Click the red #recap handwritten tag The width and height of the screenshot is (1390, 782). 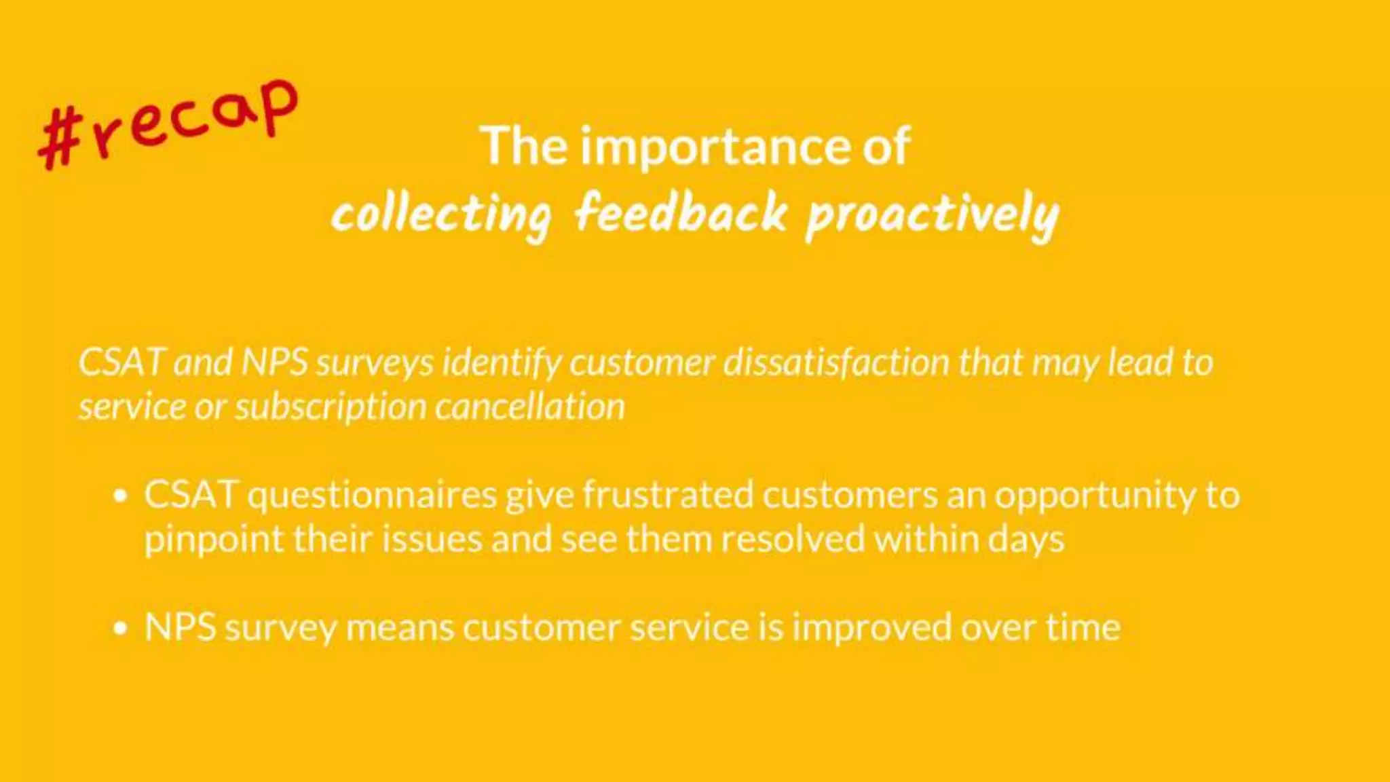pos(168,124)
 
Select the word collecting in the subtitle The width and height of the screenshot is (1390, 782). pos(441,215)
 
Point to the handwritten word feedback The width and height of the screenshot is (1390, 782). pos(681,213)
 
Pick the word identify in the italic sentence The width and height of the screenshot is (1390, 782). pos(502,362)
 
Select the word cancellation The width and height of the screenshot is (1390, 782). pos(529,407)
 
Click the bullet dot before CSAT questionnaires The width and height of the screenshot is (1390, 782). pos(121,496)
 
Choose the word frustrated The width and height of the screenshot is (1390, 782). pos(668,495)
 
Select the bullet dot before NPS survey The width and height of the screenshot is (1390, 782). pos(121,628)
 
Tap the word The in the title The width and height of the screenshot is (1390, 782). pos(523,147)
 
